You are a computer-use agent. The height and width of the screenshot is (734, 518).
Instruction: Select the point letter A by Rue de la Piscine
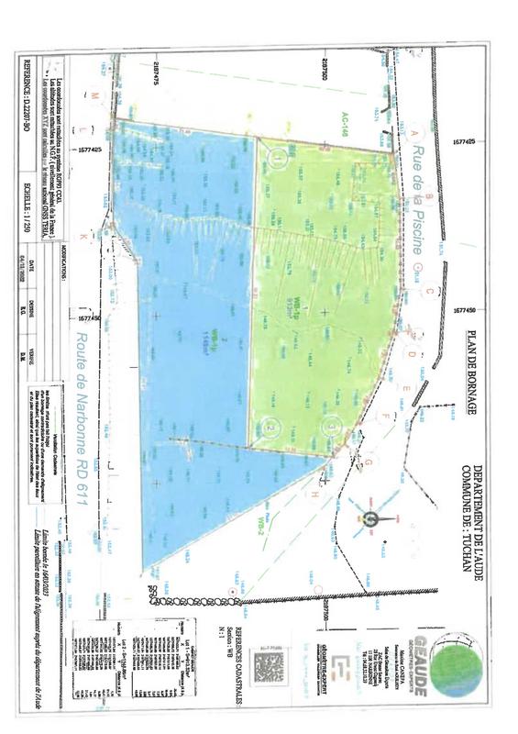point(414,133)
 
